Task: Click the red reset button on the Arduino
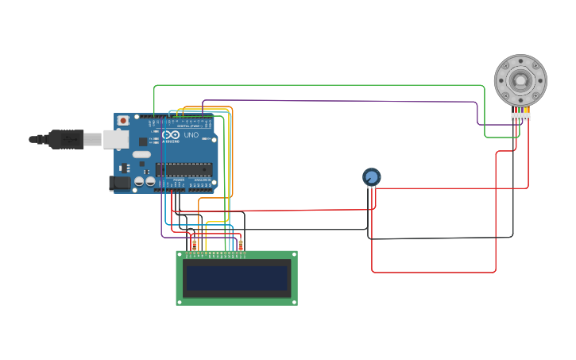123,120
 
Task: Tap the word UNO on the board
191,135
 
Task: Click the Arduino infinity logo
171,135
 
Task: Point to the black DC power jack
119,183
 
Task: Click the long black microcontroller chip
184,169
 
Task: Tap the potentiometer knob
371,176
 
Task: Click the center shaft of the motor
520,79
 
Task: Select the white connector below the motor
520,117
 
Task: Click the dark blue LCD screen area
236,278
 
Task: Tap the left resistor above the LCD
194,246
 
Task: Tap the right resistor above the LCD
241,245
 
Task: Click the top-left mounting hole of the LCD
180,254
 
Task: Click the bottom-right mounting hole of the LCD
293,301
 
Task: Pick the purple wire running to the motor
342,101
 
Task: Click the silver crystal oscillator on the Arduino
141,154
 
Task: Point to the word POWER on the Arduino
179,180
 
